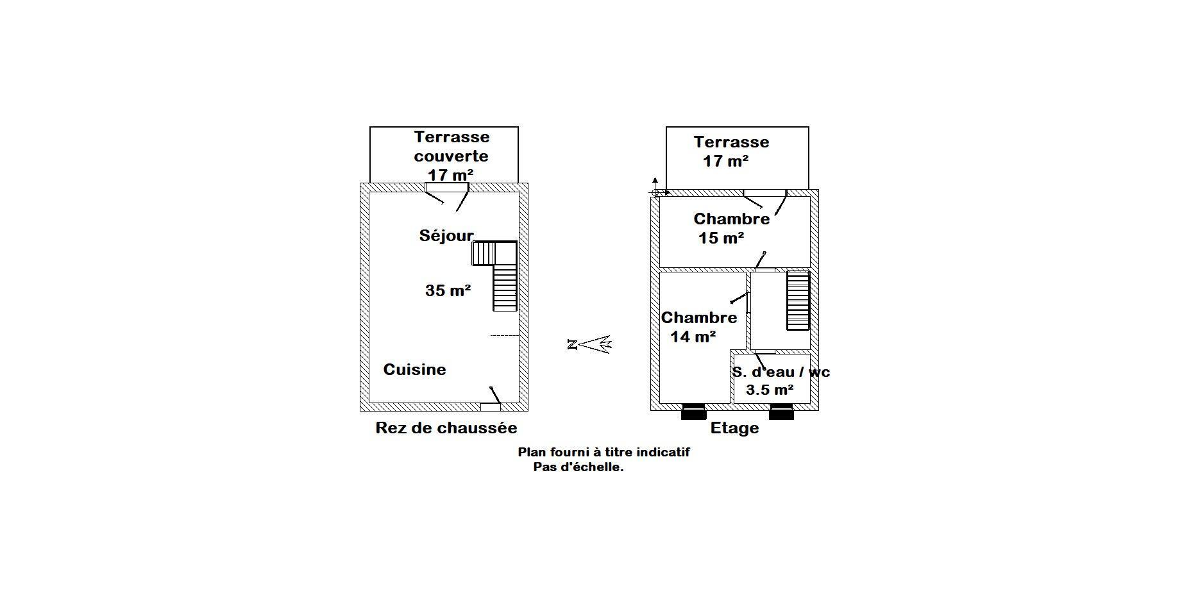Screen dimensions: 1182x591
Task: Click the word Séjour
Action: click(x=446, y=235)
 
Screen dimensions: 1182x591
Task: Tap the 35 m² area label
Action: click(x=448, y=290)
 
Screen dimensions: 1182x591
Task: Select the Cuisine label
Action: click(x=414, y=369)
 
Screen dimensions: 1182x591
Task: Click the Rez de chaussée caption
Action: click(x=446, y=428)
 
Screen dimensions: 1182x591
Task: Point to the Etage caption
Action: click(x=734, y=428)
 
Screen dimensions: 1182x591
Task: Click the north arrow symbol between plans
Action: click(x=590, y=344)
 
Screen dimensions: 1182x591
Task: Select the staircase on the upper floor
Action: click(x=798, y=301)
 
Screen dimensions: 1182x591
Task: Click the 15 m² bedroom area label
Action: click(x=722, y=238)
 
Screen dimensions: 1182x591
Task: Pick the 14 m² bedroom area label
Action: click(x=693, y=336)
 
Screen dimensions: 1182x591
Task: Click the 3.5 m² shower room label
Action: click(x=770, y=390)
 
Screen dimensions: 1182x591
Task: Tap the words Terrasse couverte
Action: click(x=452, y=146)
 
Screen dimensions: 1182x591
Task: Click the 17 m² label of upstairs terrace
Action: click(x=726, y=161)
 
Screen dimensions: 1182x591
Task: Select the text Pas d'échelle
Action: click(x=578, y=467)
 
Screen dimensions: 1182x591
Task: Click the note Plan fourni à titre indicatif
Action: click(x=604, y=452)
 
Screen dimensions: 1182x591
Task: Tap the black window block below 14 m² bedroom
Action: click(x=693, y=412)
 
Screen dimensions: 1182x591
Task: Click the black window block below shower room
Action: click(x=781, y=412)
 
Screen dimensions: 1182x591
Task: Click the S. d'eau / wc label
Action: click(x=781, y=372)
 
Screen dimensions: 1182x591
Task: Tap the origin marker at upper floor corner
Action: click(x=655, y=192)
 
